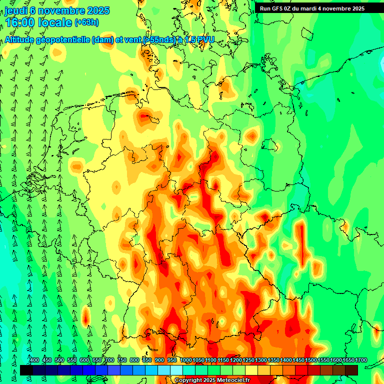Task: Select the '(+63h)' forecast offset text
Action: coord(87,22)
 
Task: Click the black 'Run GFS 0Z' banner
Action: coord(312,8)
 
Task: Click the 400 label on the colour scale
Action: coord(34,360)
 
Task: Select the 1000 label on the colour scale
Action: coord(186,360)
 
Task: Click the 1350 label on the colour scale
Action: coord(273,360)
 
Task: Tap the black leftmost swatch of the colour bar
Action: coord(26,370)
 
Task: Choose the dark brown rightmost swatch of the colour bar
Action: coord(351,370)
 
